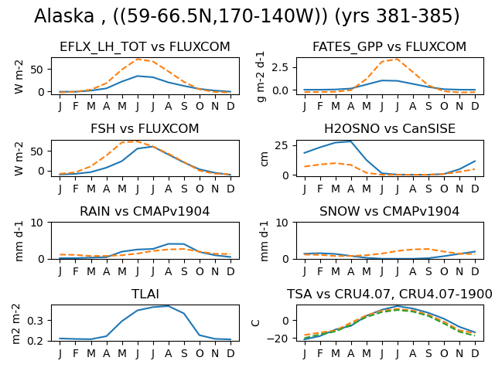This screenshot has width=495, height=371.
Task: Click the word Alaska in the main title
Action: tap(64, 15)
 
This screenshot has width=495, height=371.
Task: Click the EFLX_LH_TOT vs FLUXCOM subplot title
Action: tap(145, 46)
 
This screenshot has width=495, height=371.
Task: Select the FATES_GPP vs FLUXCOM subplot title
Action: tap(389, 46)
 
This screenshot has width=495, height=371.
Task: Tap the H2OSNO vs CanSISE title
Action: tap(390, 129)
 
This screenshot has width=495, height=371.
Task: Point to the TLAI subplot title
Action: tap(145, 294)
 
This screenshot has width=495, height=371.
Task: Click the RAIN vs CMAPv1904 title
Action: tap(145, 211)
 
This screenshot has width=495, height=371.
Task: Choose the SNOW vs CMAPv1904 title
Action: tap(389, 211)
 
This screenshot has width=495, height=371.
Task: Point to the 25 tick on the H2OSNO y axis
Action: tap(282, 145)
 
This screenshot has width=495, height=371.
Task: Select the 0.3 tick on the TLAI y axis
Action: tap(35, 321)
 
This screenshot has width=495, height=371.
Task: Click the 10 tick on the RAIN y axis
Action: tap(36, 223)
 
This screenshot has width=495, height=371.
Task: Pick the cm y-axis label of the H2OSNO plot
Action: tap(265, 158)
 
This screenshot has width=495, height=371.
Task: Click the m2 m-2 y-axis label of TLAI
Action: tap(16, 324)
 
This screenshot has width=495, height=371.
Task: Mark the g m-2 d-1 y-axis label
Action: tap(261, 77)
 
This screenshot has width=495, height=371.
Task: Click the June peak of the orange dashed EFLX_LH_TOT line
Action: tap(138, 60)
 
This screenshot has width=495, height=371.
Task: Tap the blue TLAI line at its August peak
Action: tap(169, 306)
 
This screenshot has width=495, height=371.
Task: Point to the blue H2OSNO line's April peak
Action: tap(350, 141)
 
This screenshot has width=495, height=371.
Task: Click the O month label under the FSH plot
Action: tap(200, 189)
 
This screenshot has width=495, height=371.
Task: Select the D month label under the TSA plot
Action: tap(475, 354)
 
